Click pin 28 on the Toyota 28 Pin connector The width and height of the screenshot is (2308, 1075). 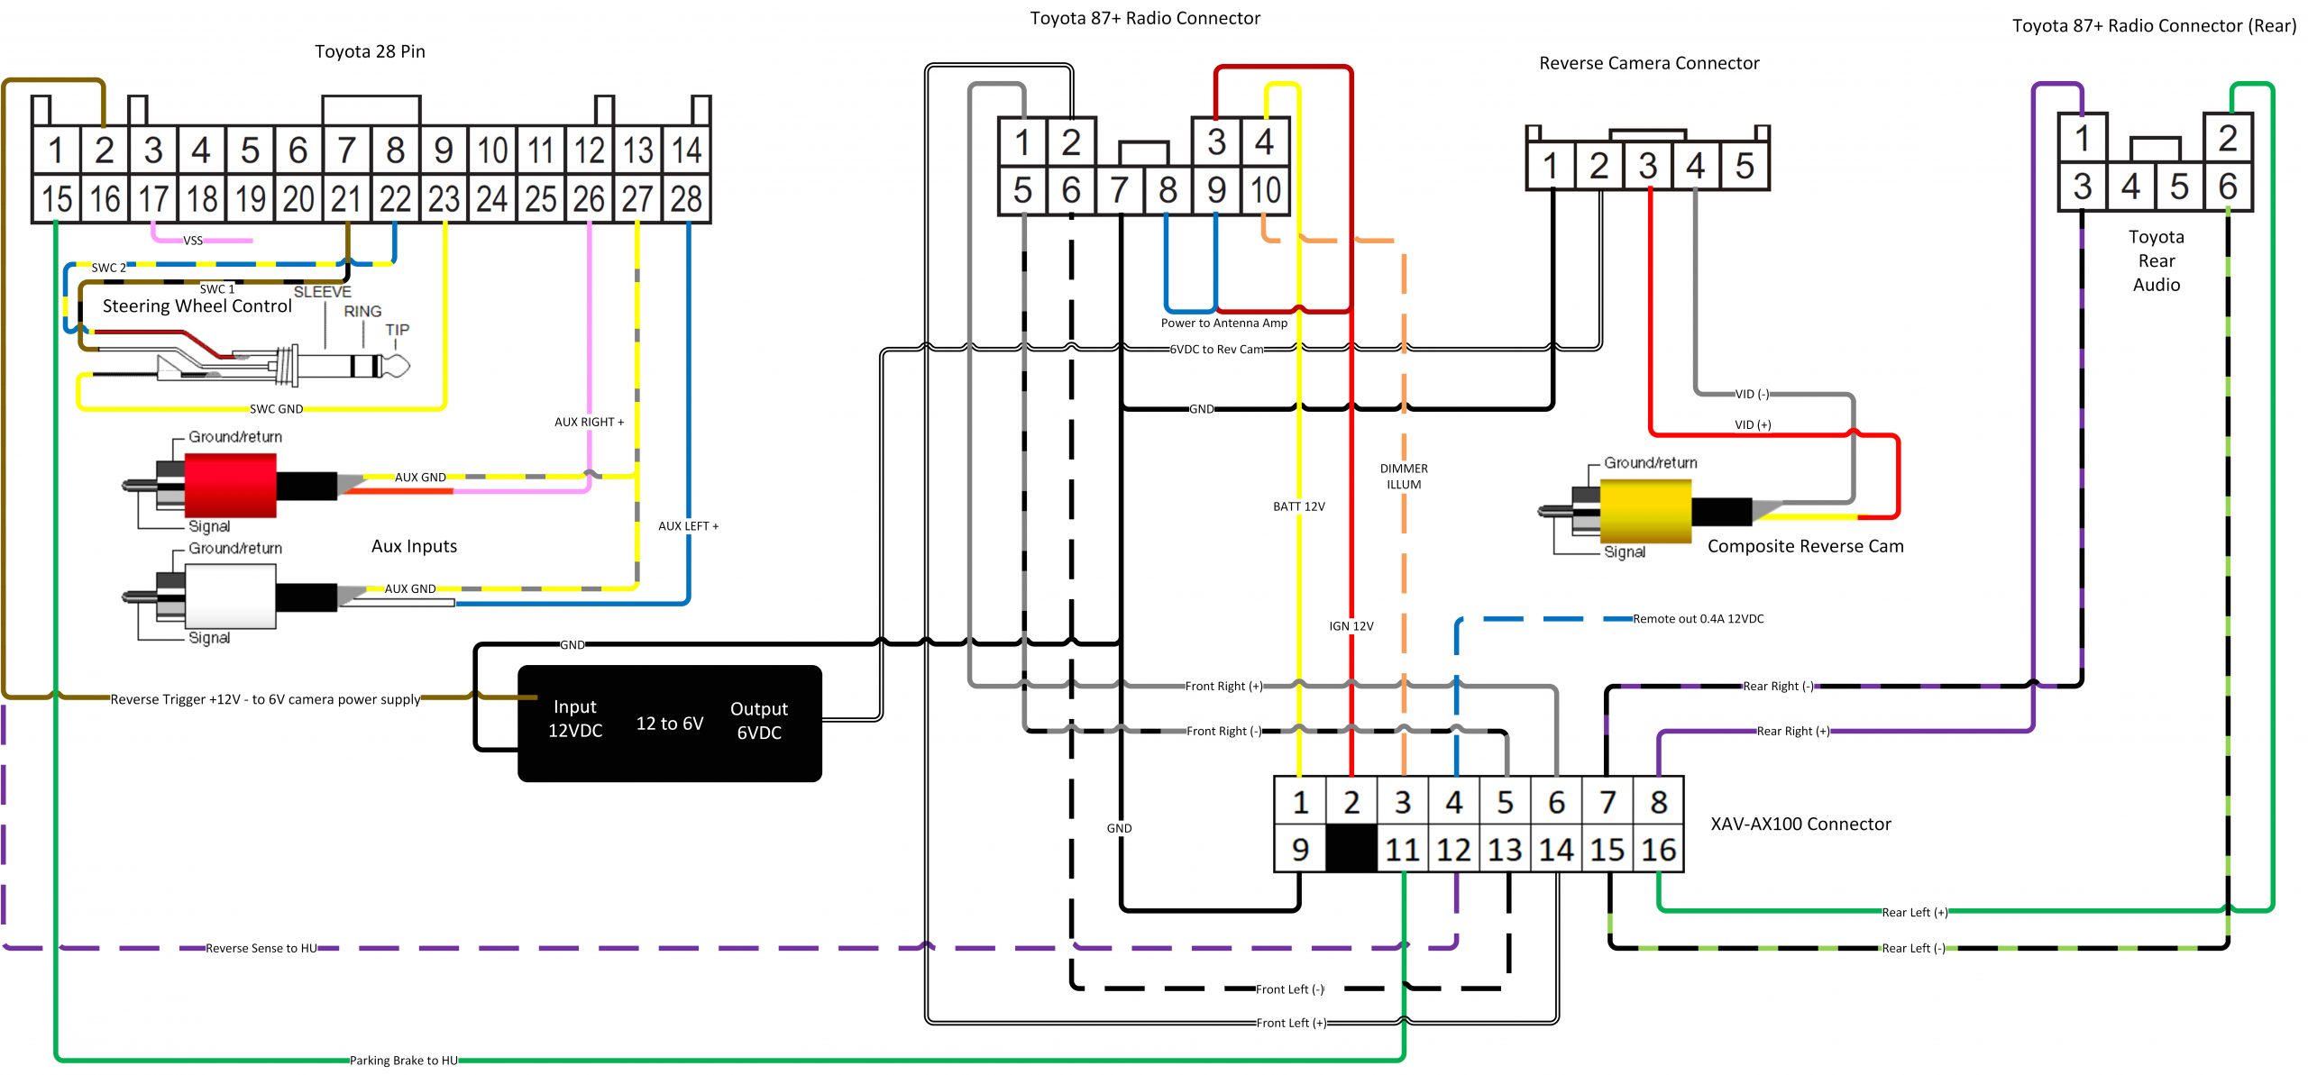687,198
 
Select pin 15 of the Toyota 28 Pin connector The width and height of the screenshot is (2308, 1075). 56,198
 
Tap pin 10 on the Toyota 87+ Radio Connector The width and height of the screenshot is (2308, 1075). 1265,190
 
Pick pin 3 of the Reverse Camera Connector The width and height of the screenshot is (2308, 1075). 1648,166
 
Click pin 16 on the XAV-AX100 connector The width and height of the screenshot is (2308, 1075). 1659,849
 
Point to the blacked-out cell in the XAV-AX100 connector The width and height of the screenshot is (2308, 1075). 1351,849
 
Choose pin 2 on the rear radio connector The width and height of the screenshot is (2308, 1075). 2228,138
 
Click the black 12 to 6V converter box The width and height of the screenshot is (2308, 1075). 670,724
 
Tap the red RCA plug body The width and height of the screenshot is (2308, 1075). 230,485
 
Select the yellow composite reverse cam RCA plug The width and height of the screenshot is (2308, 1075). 1645,511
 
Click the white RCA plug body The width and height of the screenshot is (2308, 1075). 230,597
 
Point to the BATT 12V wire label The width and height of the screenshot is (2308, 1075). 1299,506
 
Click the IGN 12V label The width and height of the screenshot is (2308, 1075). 1351,626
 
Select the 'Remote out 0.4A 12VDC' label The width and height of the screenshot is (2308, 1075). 1699,619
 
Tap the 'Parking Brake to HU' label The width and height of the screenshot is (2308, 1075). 404,1061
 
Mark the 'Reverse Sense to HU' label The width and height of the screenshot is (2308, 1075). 261,948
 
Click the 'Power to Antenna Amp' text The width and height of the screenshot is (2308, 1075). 1224,323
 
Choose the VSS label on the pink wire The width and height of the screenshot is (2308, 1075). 193,241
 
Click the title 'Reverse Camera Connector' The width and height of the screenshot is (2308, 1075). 1649,63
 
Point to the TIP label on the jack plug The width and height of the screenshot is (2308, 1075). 398,330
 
